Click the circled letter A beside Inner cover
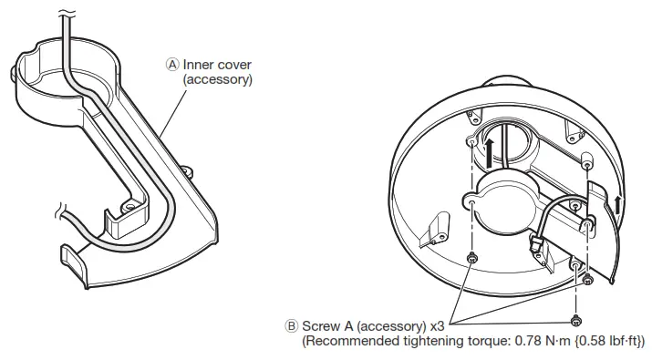tap(173, 64)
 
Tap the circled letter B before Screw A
tap(292, 325)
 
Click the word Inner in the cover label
tap(200, 64)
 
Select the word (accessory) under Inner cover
tap(217, 79)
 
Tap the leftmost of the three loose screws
tap(471, 260)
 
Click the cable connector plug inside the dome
tap(536, 243)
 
